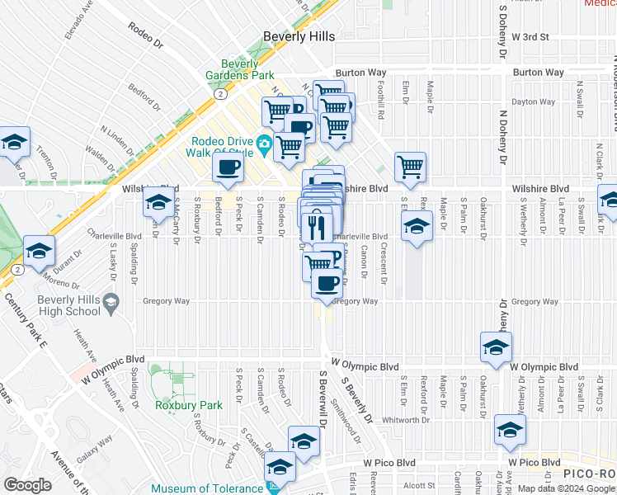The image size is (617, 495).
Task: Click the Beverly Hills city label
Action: [x=299, y=37]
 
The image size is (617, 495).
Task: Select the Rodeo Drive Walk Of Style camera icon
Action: [x=265, y=144]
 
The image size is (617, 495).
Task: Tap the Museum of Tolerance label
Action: [x=205, y=488]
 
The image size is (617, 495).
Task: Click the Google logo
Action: [x=27, y=485]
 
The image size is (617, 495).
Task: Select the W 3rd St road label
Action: [x=535, y=37]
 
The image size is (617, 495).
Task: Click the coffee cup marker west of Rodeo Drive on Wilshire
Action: [x=228, y=168]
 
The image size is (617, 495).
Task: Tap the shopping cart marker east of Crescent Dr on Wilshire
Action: [x=410, y=167]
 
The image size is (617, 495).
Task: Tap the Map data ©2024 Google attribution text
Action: [x=565, y=488]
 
